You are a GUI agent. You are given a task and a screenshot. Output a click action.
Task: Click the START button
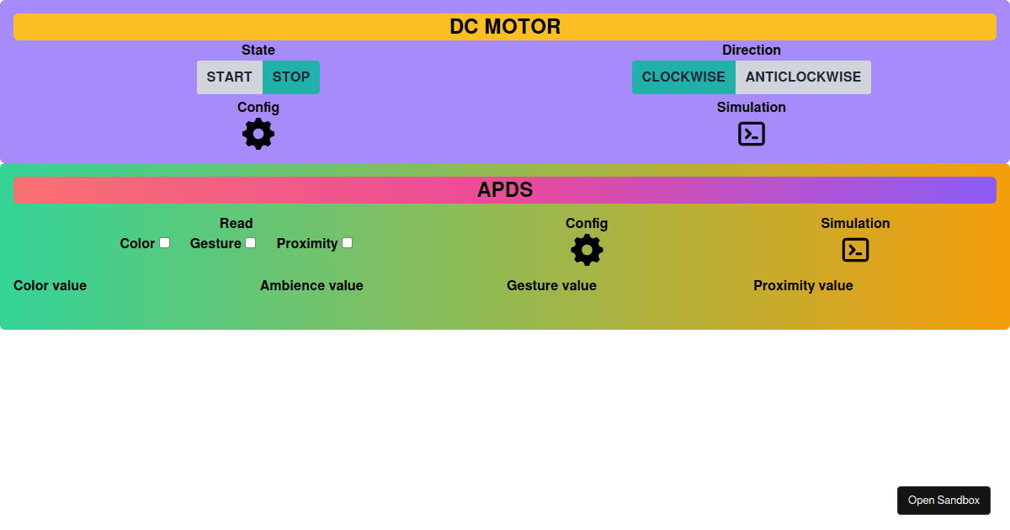pyautogui.click(x=229, y=77)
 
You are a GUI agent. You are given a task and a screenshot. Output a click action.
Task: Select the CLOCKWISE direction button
pyautogui.click(x=683, y=77)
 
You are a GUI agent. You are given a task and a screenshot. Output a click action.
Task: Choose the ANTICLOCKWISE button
pyautogui.click(x=803, y=77)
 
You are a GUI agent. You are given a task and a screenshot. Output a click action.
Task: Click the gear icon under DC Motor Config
pyautogui.click(x=258, y=134)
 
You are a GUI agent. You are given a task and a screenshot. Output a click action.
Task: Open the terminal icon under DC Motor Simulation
pyautogui.click(x=751, y=134)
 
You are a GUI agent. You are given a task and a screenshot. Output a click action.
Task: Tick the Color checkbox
pyautogui.click(x=165, y=243)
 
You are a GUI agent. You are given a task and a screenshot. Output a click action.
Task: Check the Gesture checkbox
pyautogui.click(x=250, y=243)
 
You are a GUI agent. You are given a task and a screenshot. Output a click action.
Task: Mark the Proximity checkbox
pyautogui.click(x=347, y=243)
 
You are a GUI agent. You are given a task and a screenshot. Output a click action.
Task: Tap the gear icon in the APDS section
pyautogui.click(x=587, y=250)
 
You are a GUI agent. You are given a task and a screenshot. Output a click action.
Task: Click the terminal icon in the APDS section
pyautogui.click(x=855, y=250)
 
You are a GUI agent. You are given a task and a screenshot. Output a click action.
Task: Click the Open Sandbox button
pyautogui.click(x=944, y=501)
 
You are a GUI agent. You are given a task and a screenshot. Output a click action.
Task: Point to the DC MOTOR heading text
pyautogui.click(x=505, y=27)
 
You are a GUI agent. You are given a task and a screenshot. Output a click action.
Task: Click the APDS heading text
pyautogui.click(x=505, y=190)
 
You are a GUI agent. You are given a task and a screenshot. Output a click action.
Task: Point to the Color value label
pyautogui.click(x=50, y=286)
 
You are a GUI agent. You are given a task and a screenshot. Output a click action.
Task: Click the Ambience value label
pyautogui.click(x=311, y=286)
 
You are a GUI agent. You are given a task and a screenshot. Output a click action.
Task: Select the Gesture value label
pyautogui.click(x=551, y=286)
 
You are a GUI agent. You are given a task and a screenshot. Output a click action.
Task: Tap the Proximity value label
pyautogui.click(x=803, y=286)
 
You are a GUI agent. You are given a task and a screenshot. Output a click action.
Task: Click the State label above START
pyautogui.click(x=258, y=50)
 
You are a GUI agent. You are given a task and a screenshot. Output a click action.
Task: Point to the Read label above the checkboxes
pyautogui.click(x=236, y=224)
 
